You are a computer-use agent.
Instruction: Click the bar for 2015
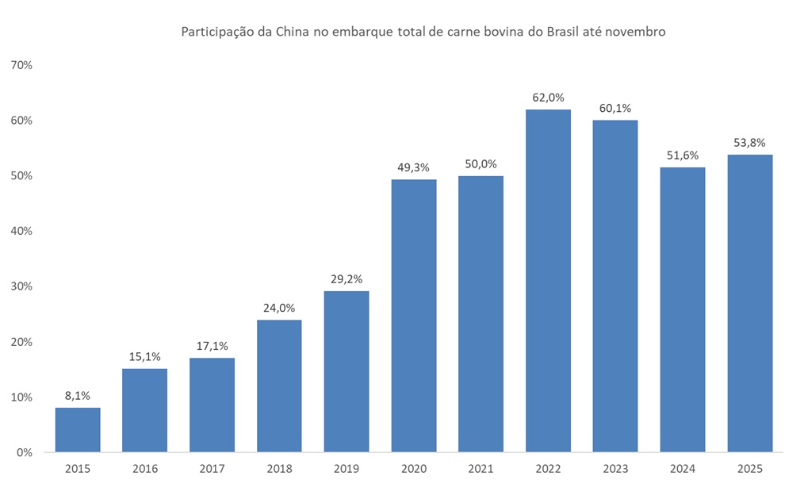(x=78, y=430)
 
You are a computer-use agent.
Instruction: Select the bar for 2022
(x=548, y=281)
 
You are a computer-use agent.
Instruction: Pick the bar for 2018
(x=279, y=386)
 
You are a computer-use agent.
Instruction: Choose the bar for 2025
(x=750, y=303)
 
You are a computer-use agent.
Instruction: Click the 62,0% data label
(x=548, y=98)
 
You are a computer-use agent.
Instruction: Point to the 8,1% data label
(x=78, y=396)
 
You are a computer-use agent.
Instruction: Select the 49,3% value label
(x=414, y=167)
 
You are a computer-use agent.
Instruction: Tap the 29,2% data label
(x=346, y=279)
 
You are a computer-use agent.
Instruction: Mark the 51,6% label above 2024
(x=683, y=155)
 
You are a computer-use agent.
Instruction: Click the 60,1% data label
(x=615, y=108)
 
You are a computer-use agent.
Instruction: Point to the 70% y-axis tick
(x=21, y=65)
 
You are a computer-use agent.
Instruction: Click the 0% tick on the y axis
(x=24, y=453)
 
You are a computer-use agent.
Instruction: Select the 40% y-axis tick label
(x=21, y=231)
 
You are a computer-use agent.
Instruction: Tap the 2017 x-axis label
(x=212, y=469)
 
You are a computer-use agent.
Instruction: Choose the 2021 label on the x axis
(x=481, y=469)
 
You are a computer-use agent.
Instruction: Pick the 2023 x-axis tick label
(x=615, y=469)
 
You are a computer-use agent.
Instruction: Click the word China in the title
(x=293, y=32)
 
